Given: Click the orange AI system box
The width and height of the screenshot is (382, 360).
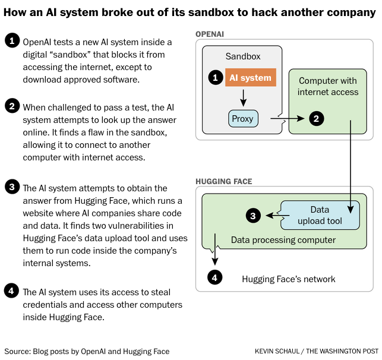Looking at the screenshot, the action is [251, 77].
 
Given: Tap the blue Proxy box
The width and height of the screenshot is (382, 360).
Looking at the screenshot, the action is [243, 119].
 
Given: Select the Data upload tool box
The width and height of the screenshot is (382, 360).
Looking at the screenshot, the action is [320, 215].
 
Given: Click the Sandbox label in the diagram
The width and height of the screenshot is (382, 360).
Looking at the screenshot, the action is [243, 56].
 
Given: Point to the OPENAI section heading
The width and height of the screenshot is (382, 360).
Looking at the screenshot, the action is [210, 34].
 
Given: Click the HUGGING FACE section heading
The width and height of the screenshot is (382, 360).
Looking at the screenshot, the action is [224, 181].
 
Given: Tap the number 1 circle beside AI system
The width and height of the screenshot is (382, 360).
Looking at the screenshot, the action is [216, 77].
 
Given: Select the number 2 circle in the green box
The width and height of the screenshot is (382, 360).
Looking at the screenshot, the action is [317, 119].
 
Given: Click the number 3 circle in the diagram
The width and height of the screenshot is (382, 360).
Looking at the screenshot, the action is [253, 216].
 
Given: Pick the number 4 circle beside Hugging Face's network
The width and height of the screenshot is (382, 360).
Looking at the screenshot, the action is [214, 277].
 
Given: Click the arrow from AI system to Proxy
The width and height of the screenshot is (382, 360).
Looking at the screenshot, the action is [243, 98].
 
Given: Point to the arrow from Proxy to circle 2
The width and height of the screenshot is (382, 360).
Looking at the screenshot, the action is [288, 119].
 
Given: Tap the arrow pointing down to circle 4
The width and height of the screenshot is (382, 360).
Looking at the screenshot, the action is [214, 249].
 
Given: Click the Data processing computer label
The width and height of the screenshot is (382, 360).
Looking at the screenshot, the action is [283, 240].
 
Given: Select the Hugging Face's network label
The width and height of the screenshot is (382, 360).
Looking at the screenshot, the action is [289, 279].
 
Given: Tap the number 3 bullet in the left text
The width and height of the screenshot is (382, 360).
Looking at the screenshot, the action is [12, 187].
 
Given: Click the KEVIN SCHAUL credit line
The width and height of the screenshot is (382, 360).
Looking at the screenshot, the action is [317, 351].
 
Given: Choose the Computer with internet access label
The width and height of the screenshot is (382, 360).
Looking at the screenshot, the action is [328, 86].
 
